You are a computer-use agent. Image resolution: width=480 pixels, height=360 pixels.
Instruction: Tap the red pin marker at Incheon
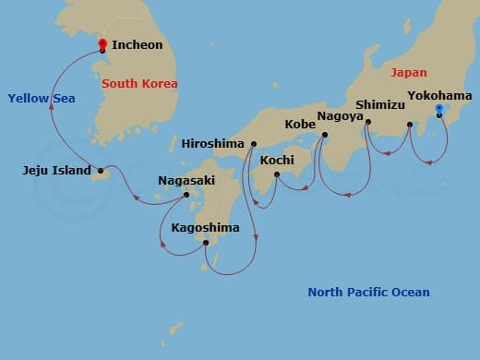[x=102, y=42]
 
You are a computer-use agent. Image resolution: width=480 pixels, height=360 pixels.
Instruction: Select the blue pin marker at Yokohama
[x=438, y=110]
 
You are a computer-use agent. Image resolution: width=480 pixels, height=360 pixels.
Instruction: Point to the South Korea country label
[x=139, y=84]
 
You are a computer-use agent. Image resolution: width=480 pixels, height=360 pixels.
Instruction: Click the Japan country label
[x=409, y=72]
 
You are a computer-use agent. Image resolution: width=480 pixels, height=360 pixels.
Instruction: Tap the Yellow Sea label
[x=41, y=98]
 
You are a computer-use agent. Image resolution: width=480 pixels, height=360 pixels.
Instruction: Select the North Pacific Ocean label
[x=368, y=293]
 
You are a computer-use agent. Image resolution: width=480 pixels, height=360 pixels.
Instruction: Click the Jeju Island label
[x=56, y=170]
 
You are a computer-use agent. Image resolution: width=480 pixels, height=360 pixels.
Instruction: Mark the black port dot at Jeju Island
[x=101, y=170]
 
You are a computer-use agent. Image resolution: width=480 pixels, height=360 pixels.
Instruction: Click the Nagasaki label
[x=187, y=181]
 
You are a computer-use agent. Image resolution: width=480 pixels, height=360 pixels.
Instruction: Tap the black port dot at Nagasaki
[x=186, y=195]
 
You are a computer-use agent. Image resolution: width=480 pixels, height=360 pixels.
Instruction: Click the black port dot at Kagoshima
[x=206, y=243]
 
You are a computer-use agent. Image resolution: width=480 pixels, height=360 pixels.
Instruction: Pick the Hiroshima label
[x=213, y=144]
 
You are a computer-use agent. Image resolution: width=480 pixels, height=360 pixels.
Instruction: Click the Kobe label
[x=300, y=124]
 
